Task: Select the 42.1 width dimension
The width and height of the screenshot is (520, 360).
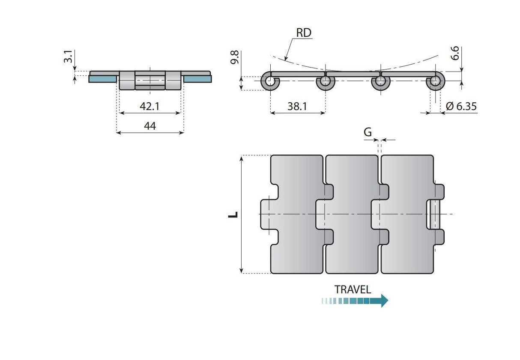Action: click(149, 106)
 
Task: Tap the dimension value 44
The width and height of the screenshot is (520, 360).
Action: click(149, 126)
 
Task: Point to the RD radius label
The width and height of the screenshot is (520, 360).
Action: click(303, 33)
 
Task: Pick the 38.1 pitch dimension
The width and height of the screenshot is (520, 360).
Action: click(297, 106)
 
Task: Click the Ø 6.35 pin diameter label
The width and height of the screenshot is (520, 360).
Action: click(461, 106)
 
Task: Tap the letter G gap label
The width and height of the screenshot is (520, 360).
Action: click(368, 132)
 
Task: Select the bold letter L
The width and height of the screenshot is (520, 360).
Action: click(233, 214)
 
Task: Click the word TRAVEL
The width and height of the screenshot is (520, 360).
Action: click(353, 289)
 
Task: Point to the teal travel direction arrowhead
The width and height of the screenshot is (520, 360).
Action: click(384, 300)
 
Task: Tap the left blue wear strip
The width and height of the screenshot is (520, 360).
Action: click(103, 79)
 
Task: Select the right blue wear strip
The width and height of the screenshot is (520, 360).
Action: click(197, 79)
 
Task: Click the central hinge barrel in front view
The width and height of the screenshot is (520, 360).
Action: click(150, 80)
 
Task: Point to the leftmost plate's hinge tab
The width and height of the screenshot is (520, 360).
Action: click(266, 214)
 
